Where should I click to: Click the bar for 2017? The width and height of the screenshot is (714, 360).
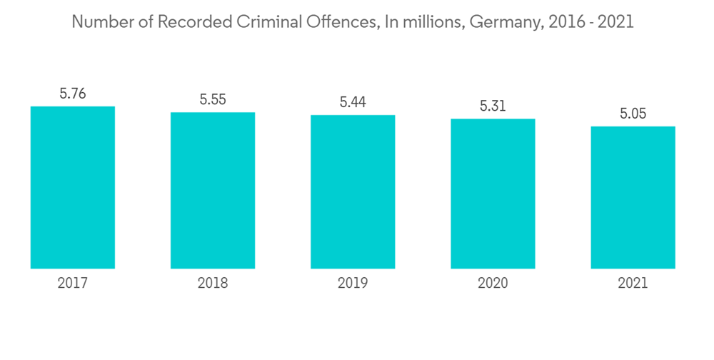click(x=73, y=187)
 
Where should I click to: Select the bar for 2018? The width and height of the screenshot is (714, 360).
click(x=213, y=190)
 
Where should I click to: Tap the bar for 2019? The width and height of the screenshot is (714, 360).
click(x=353, y=191)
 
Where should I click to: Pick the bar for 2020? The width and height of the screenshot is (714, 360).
click(x=493, y=194)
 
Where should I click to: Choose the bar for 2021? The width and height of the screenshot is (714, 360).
click(x=633, y=197)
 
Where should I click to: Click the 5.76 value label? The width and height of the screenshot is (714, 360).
click(x=73, y=94)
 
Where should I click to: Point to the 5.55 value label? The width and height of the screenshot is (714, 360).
click(x=213, y=100)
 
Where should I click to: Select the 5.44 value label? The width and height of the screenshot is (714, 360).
click(x=353, y=103)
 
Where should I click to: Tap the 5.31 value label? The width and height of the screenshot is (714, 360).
click(x=493, y=106)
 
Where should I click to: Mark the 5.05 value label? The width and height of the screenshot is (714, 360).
click(x=633, y=114)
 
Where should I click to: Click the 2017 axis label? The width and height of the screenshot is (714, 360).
click(x=73, y=284)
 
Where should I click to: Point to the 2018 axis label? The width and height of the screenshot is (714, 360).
click(x=213, y=284)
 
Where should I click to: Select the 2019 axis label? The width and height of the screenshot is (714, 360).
click(x=353, y=284)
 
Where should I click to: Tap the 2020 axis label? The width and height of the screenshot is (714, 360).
click(x=493, y=284)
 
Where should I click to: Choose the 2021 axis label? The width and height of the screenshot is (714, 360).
click(x=633, y=284)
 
